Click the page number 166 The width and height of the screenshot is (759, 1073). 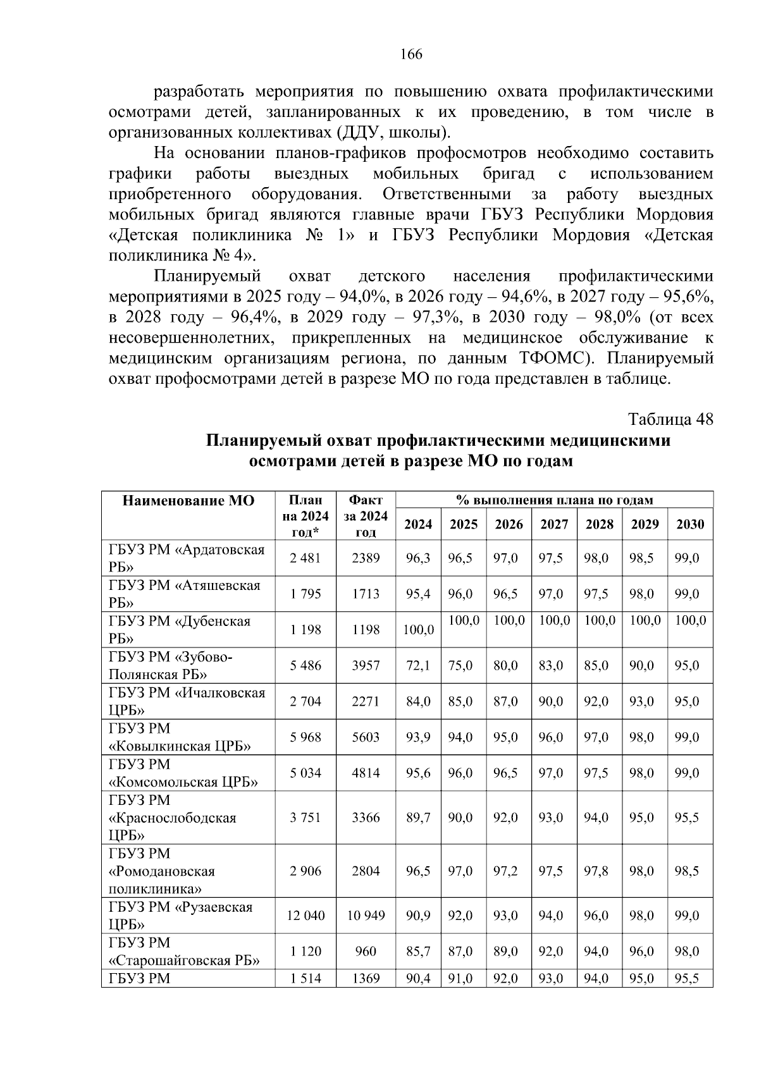(x=411, y=54)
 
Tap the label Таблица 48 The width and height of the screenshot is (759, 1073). (x=670, y=420)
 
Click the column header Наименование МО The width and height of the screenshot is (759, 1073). (x=188, y=501)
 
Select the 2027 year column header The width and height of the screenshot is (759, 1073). (x=554, y=524)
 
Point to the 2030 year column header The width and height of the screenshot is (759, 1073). (x=690, y=524)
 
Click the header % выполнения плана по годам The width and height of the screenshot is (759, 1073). (x=554, y=500)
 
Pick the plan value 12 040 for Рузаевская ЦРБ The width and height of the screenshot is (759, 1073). (x=305, y=916)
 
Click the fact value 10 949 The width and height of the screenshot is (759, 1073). (x=366, y=916)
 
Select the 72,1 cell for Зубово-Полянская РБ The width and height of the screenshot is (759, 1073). (x=418, y=665)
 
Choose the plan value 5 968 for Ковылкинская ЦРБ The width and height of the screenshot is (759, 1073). (x=305, y=737)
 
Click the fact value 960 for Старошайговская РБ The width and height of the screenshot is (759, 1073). (x=366, y=951)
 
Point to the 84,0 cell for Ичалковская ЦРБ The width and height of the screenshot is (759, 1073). (x=418, y=701)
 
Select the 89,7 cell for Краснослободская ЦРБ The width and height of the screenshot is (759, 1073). (x=418, y=818)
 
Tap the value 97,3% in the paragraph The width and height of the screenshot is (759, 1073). (x=435, y=317)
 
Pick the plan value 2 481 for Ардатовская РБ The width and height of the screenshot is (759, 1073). (x=305, y=558)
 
